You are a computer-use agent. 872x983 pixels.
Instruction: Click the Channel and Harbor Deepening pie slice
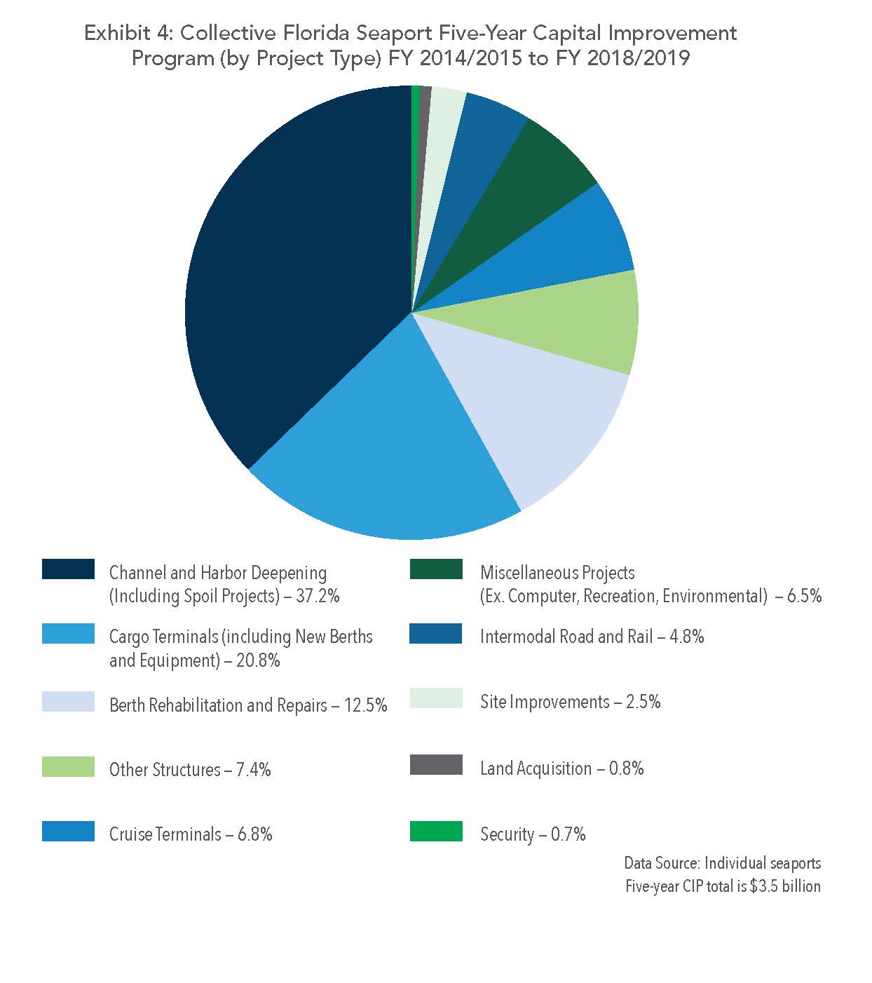click(294, 280)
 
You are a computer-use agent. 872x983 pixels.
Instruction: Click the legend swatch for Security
click(436, 831)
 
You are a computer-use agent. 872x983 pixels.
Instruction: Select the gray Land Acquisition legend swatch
click(436, 765)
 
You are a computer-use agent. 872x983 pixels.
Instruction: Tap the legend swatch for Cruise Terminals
click(68, 832)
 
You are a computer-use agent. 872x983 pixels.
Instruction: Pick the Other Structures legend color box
click(68, 766)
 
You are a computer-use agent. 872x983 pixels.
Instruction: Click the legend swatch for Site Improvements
click(436, 698)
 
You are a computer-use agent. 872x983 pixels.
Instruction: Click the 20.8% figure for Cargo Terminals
click(258, 660)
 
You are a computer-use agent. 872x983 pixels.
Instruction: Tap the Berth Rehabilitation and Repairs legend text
click(218, 705)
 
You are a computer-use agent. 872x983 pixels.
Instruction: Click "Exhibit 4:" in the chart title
click(126, 33)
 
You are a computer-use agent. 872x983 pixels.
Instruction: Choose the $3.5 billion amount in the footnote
click(785, 886)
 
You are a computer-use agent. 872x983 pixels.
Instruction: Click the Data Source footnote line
click(722, 862)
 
